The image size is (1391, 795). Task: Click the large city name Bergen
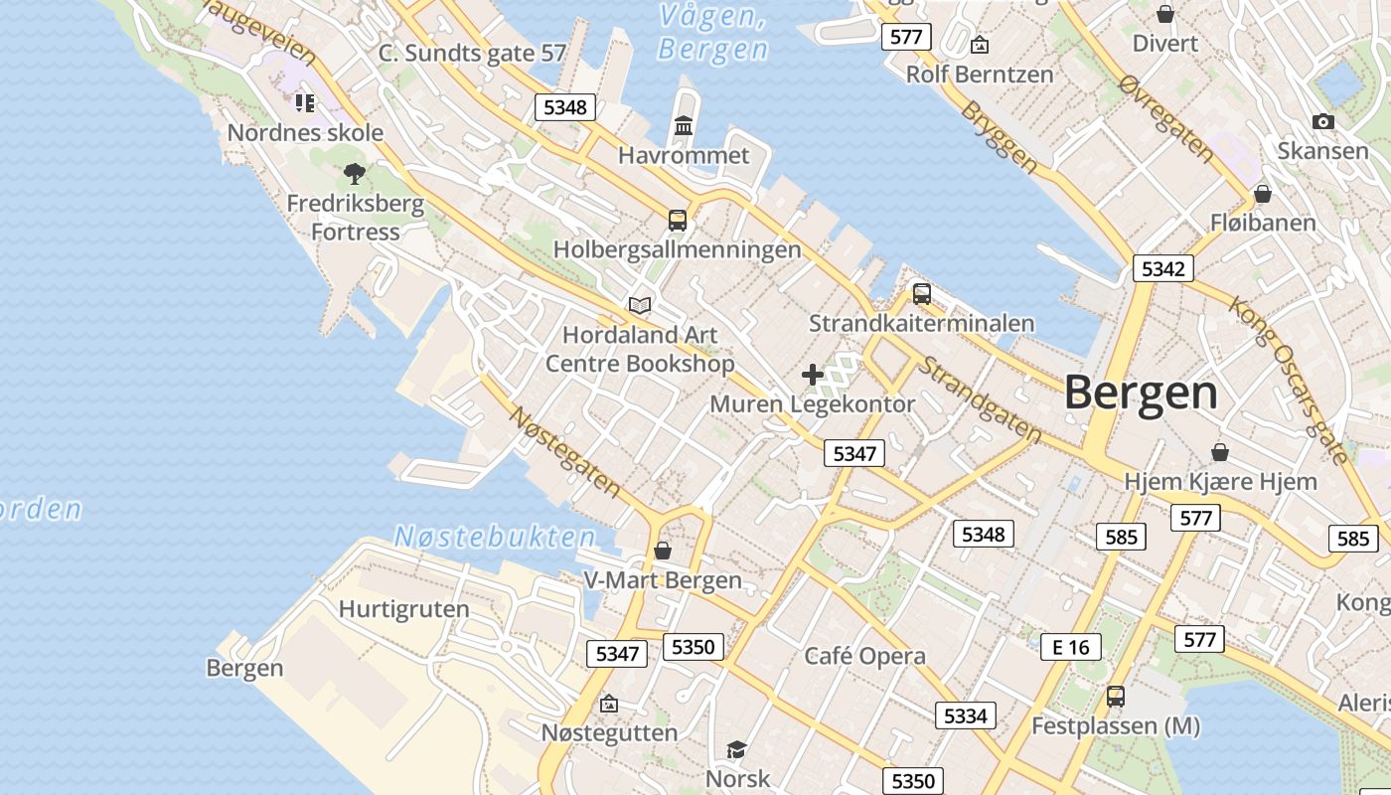point(1141,394)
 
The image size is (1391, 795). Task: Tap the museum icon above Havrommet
point(684,126)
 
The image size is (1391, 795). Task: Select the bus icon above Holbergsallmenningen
point(678,220)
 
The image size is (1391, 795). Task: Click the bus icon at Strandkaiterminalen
point(922,294)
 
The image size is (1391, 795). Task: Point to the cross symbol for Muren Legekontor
point(813,375)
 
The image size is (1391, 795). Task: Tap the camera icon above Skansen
point(1322,121)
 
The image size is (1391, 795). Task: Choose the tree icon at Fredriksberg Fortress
point(355,175)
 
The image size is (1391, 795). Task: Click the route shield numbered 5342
point(1162,268)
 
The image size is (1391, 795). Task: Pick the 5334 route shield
point(965,715)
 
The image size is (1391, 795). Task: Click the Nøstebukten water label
point(495,537)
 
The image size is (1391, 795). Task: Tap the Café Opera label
point(864,656)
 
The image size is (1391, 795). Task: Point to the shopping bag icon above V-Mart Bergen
point(663,551)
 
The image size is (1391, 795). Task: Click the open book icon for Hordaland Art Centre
point(641,305)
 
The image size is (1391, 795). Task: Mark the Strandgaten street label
point(979,399)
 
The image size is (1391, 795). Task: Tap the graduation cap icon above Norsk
point(736,749)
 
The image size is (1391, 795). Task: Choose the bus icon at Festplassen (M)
point(1116,697)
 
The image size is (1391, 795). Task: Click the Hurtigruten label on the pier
point(403,609)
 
